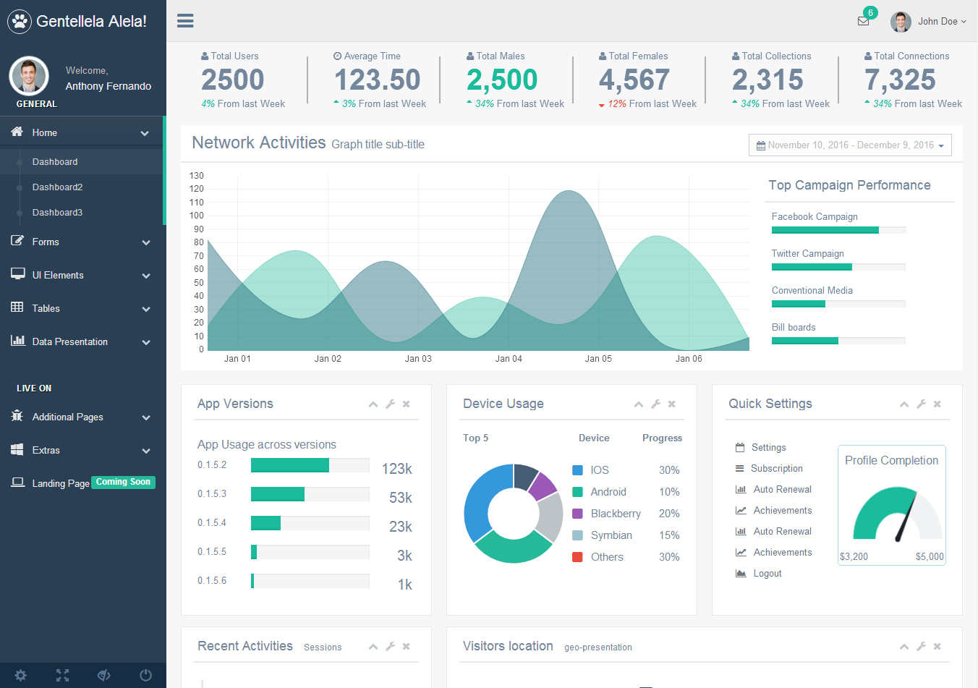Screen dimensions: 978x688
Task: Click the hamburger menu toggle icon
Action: point(185,20)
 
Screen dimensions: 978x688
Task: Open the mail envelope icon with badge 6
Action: point(863,21)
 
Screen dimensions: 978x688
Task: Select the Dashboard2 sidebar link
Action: point(57,187)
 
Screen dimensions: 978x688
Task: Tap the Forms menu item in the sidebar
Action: point(46,242)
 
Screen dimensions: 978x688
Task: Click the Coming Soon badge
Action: point(123,482)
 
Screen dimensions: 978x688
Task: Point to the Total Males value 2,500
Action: point(502,80)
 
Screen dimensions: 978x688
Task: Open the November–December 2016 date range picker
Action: point(850,145)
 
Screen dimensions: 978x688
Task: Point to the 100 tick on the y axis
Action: point(197,215)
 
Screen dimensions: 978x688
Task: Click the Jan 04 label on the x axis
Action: point(509,359)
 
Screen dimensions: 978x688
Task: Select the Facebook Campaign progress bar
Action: point(838,230)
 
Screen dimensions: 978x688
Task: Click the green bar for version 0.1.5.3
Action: point(278,493)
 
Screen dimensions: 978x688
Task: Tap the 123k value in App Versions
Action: point(397,468)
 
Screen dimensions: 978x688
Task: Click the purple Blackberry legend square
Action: point(577,514)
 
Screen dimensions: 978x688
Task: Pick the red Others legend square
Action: point(577,557)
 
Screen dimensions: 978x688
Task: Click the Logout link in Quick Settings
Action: point(767,573)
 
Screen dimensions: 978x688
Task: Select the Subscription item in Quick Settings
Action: point(776,468)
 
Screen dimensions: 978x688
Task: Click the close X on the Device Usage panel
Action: point(671,404)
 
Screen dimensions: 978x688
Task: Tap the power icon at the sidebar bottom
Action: point(145,676)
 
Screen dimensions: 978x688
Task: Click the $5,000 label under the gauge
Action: point(930,556)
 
